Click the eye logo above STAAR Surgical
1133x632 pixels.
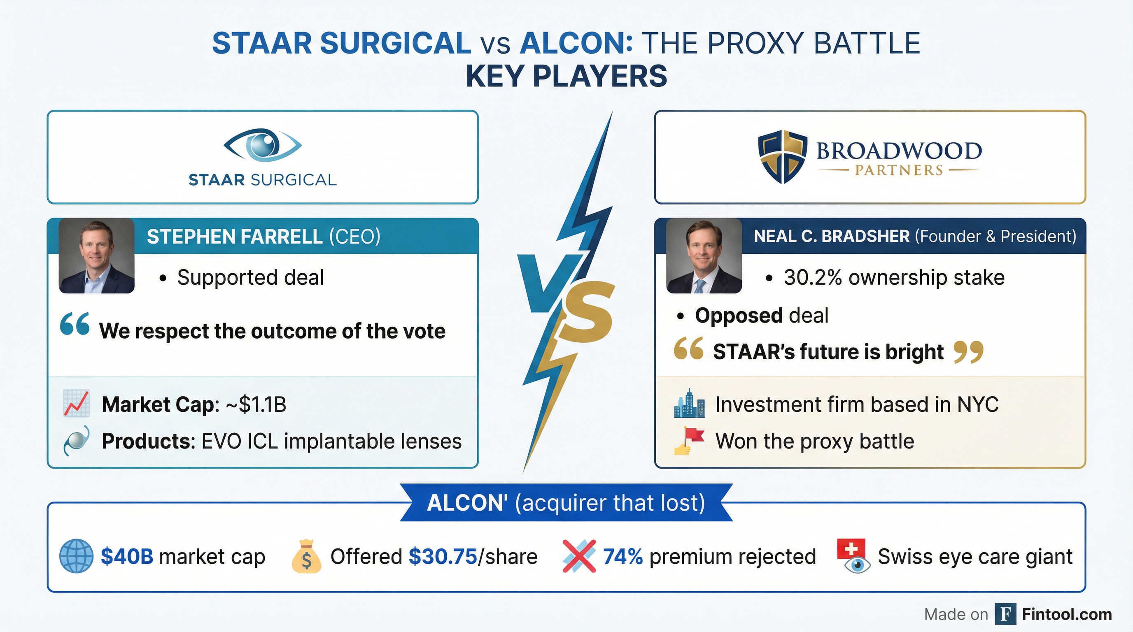click(x=263, y=144)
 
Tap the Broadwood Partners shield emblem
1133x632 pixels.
click(x=783, y=156)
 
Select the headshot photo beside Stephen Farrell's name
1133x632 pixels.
click(x=97, y=256)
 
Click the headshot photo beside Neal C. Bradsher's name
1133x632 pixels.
click(x=704, y=256)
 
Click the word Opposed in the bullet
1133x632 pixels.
click(x=739, y=316)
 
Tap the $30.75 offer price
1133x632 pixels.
click(x=443, y=556)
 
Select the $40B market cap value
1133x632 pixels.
click(x=127, y=556)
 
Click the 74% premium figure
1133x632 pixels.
click(x=623, y=556)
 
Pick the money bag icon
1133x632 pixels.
click(x=306, y=557)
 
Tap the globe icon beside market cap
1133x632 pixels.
click(x=76, y=556)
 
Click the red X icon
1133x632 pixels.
click(x=579, y=556)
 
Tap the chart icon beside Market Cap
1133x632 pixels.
click(x=77, y=403)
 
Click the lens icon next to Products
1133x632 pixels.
click(x=77, y=441)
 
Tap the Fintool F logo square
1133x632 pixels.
click(x=1005, y=614)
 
